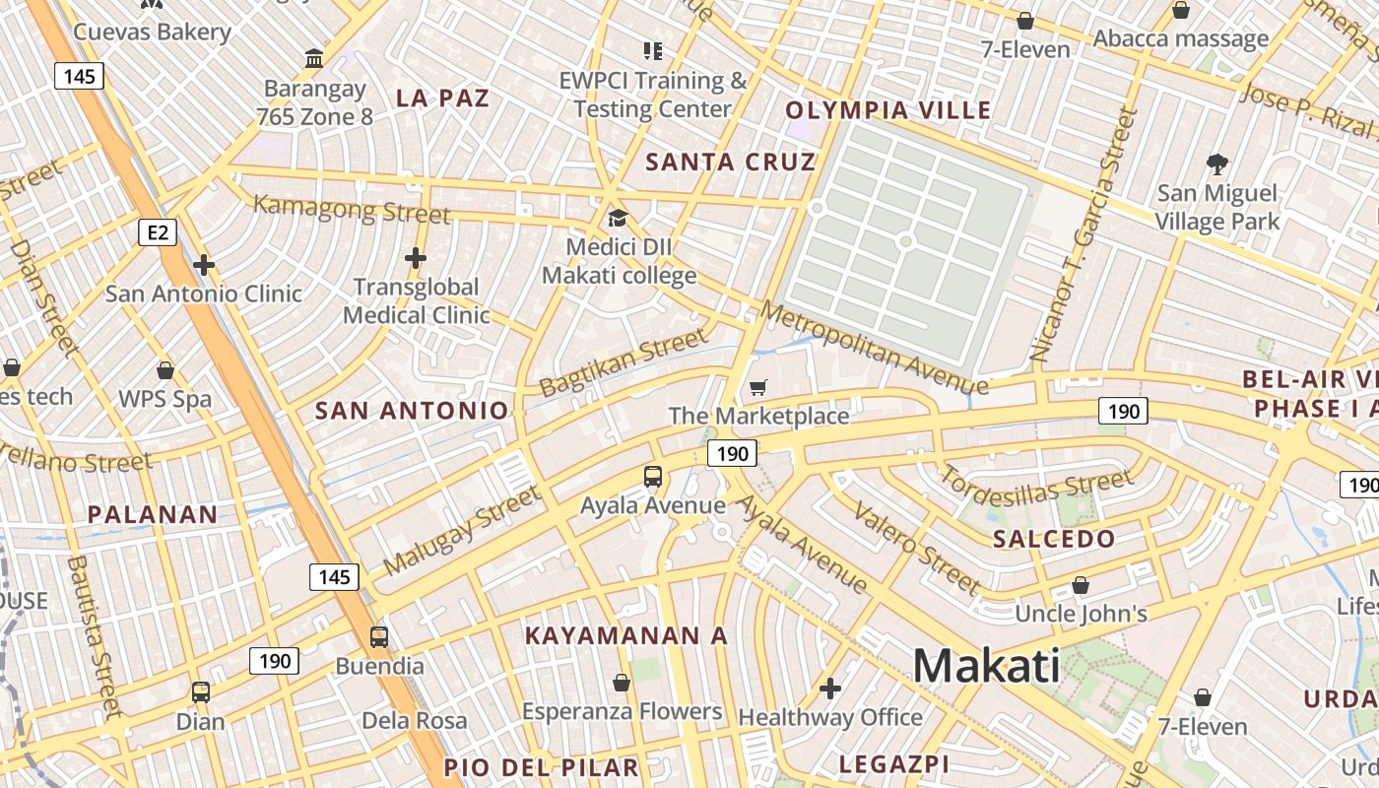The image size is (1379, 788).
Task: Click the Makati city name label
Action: click(x=986, y=667)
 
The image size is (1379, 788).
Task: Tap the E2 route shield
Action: click(x=158, y=232)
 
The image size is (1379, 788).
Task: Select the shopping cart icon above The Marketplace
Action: click(x=757, y=387)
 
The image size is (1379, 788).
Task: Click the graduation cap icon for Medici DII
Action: click(x=618, y=218)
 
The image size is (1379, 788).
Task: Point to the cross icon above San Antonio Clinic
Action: click(x=204, y=265)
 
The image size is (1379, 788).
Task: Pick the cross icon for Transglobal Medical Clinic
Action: click(x=416, y=258)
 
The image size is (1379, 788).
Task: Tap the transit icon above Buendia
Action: click(x=379, y=636)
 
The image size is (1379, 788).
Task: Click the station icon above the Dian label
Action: click(x=201, y=691)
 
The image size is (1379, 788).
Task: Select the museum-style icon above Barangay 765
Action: click(x=314, y=59)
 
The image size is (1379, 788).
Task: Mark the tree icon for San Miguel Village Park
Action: click(x=1217, y=164)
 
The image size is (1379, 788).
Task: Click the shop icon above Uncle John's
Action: click(x=1081, y=585)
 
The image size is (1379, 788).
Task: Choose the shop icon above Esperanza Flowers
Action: click(x=622, y=682)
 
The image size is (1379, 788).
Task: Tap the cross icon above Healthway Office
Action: click(x=830, y=688)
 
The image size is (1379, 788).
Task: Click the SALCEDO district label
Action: click(x=1053, y=539)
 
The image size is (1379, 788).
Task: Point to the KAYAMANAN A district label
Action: click(x=625, y=636)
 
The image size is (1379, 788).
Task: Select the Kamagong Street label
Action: click(x=352, y=210)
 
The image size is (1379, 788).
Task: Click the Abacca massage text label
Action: click(x=1180, y=39)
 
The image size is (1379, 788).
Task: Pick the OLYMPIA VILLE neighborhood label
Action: click(x=887, y=110)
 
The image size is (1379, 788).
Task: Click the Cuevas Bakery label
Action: click(x=153, y=32)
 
